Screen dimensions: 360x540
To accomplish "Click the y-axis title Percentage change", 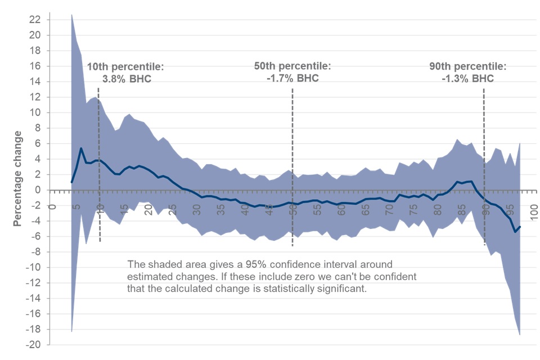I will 18,178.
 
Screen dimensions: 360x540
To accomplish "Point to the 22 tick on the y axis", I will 35,20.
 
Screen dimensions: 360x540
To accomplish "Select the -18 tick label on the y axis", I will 34,329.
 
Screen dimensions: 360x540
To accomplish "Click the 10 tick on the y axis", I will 35,112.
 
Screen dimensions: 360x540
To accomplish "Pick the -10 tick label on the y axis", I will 34,267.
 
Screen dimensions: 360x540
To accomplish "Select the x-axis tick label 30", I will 196,201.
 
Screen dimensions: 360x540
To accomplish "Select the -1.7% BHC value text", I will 292,78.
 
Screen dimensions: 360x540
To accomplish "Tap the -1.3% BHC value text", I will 467,78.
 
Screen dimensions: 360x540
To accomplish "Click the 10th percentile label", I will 125,67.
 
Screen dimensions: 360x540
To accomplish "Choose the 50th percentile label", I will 292,66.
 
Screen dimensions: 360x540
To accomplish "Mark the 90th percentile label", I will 467,66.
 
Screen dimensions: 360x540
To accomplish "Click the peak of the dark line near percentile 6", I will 81,148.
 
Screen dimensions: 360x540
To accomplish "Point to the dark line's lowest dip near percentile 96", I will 515,232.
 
